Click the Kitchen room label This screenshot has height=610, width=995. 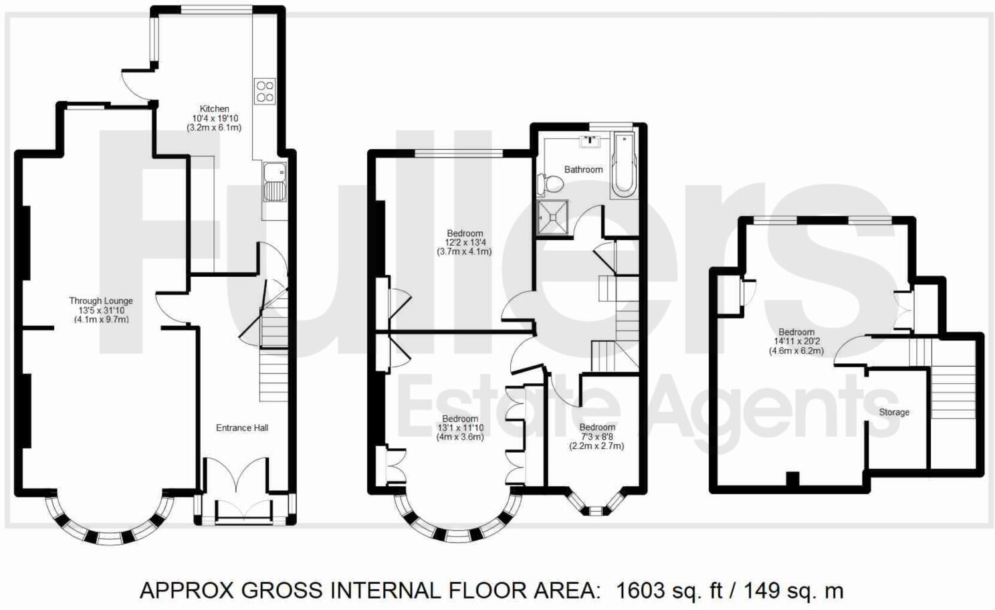[x=214, y=108]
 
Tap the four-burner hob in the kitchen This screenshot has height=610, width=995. [x=265, y=91]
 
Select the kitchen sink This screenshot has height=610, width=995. [x=273, y=183]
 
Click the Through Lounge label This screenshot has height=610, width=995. [x=101, y=301]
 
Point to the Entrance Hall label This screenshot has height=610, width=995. [x=242, y=427]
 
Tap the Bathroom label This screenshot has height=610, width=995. [x=583, y=169]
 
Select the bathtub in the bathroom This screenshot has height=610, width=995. [x=623, y=165]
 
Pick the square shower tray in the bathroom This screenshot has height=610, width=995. [x=553, y=217]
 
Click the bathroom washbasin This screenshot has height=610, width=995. [x=590, y=141]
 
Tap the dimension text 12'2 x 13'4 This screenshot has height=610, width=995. [x=464, y=243]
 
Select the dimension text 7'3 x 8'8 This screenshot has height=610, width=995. [x=596, y=437]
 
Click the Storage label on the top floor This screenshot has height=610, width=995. [x=894, y=412]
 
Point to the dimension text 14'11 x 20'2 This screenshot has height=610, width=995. [x=796, y=341]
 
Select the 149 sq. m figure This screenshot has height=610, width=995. [x=795, y=591]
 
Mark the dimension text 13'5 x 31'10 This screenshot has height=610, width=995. [x=101, y=310]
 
